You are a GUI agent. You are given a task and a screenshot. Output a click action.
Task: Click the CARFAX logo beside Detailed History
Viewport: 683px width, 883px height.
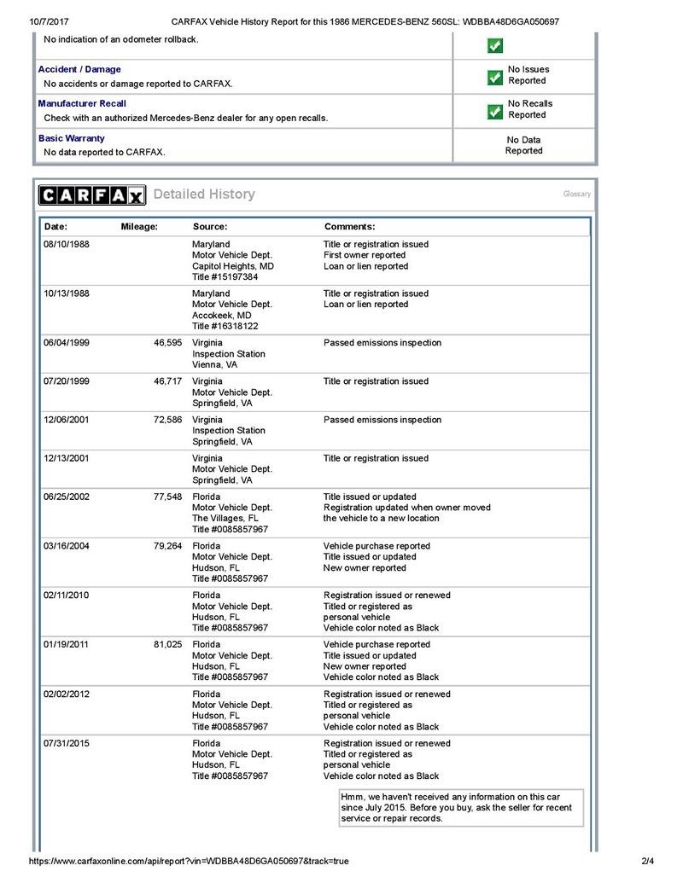point(92,195)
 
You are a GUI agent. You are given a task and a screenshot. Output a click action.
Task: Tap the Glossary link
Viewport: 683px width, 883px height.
point(576,195)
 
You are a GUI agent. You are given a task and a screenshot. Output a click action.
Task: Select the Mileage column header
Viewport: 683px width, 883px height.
point(139,227)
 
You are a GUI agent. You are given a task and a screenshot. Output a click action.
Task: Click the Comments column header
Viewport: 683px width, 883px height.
point(349,227)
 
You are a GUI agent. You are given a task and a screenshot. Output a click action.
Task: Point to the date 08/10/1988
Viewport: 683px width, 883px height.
point(67,244)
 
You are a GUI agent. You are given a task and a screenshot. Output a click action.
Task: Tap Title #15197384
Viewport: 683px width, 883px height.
point(225,277)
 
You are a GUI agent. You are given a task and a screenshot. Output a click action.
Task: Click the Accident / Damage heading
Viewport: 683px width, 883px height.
point(79,69)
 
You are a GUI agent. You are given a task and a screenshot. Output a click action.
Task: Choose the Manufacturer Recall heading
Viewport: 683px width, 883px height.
point(82,103)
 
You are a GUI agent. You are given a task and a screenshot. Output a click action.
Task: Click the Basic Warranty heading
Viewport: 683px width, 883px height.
point(72,137)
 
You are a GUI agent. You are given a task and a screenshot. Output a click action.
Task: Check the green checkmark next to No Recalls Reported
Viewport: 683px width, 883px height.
point(494,112)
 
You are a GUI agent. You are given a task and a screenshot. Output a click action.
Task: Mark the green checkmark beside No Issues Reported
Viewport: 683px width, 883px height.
point(494,78)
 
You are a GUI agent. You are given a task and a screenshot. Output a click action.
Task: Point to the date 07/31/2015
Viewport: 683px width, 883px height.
point(67,744)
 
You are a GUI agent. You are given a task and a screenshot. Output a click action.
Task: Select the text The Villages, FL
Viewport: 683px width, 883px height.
point(225,518)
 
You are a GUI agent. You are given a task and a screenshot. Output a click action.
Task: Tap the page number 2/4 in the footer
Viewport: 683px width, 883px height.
point(647,862)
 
